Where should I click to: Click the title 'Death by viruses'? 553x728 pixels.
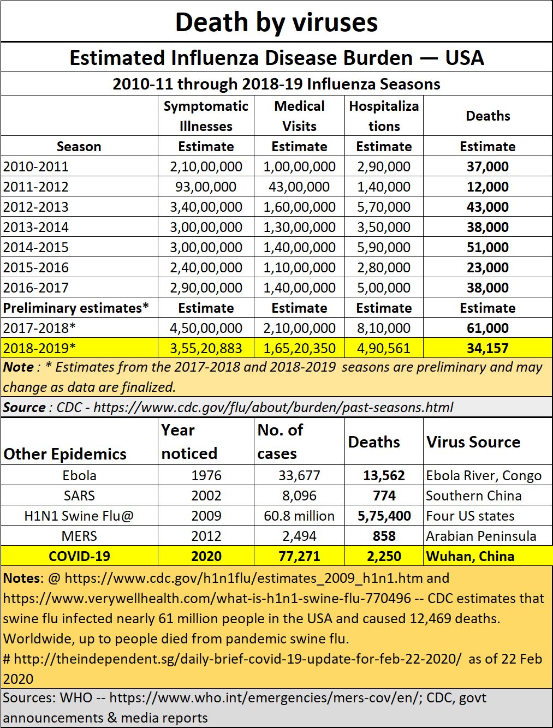click(276, 22)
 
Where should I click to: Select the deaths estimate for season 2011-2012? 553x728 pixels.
click(487, 187)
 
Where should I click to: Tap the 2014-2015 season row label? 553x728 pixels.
click(36, 247)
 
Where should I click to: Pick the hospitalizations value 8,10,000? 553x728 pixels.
click(384, 329)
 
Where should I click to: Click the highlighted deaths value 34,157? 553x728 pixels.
click(487, 348)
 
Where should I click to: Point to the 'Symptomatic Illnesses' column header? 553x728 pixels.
click(206, 116)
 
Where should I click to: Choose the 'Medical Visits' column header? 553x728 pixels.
click(299, 116)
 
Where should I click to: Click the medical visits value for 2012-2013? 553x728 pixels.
click(299, 207)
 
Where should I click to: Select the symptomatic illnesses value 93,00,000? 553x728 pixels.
click(206, 187)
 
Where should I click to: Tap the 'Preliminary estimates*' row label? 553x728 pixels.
click(76, 308)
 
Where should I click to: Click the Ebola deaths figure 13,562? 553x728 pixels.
click(384, 476)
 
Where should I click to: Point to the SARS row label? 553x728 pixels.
click(79, 496)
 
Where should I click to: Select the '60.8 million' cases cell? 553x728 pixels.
click(299, 516)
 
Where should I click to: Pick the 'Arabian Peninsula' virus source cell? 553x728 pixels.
click(481, 536)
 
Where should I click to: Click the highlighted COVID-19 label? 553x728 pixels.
click(79, 556)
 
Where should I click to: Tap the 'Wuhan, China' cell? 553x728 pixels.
click(471, 556)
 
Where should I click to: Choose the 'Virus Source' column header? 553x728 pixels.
click(473, 442)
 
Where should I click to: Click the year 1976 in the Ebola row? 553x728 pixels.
click(206, 476)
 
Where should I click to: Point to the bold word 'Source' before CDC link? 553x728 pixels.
click(24, 407)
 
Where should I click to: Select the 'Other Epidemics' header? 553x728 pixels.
click(65, 454)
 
